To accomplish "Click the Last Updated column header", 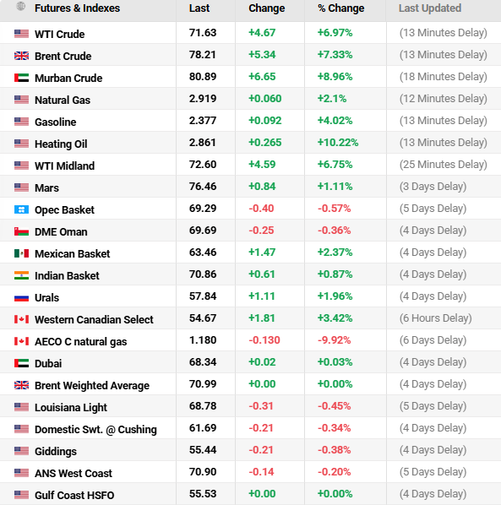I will [x=430, y=8].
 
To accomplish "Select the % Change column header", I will [x=340, y=8].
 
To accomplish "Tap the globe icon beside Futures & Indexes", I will [x=21, y=8].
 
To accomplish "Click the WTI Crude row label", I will [x=59, y=34].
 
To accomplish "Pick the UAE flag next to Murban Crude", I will [x=21, y=78].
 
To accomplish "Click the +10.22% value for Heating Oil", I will [x=338, y=144].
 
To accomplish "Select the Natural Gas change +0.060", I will [x=265, y=100].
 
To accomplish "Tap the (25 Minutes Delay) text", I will [x=443, y=166].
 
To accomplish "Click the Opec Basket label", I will [x=64, y=209].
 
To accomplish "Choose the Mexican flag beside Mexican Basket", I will [x=21, y=253].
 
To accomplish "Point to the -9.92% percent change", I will [x=334, y=341].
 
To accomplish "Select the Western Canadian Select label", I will [x=94, y=319].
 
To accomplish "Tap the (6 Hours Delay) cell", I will [x=435, y=319].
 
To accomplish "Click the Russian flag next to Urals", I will [x=21, y=297].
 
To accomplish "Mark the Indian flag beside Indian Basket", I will [x=21, y=275].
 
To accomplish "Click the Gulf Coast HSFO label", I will [x=74, y=495].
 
